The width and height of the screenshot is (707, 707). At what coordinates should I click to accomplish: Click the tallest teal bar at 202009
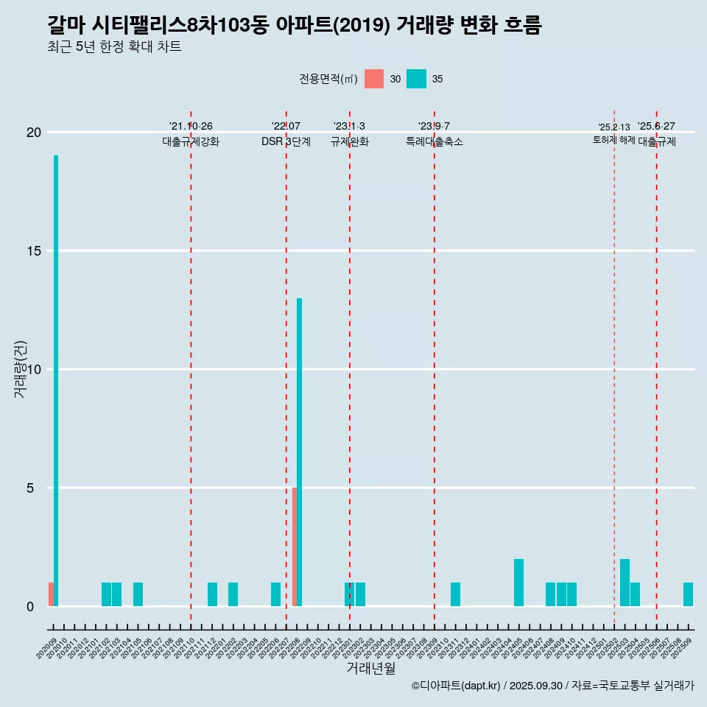click(56, 380)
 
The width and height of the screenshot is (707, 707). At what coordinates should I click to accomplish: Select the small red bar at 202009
click(51, 594)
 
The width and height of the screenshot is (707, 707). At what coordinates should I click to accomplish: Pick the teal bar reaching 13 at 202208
click(299, 451)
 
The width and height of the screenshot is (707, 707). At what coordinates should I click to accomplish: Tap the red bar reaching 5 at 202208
click(295, 546)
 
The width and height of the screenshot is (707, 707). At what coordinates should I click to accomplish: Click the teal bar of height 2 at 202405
click(518, 583)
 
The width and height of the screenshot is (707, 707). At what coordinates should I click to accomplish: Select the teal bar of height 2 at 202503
click(625, 583)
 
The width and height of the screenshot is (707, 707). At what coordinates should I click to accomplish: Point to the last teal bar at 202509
click(688, 594)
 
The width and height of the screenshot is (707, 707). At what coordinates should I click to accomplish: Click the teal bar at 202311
click(455, 594)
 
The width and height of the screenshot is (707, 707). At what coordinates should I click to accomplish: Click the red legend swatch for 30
click(374, 79)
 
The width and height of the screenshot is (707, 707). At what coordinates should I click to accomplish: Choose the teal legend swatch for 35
click(416, 79)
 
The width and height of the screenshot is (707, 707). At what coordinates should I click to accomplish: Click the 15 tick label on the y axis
click(34, 251)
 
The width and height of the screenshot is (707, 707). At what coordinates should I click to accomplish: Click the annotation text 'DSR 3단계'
click(286, 142)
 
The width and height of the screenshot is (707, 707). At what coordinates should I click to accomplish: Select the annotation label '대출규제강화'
click(191, 142)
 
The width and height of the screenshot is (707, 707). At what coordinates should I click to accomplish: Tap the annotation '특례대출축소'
click(435, 142)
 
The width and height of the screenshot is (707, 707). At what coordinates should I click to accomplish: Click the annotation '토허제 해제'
click(614, 140)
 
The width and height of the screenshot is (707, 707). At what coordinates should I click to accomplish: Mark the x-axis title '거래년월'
click(370, 668)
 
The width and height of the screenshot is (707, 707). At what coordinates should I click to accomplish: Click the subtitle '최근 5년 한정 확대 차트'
click(114, 47)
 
